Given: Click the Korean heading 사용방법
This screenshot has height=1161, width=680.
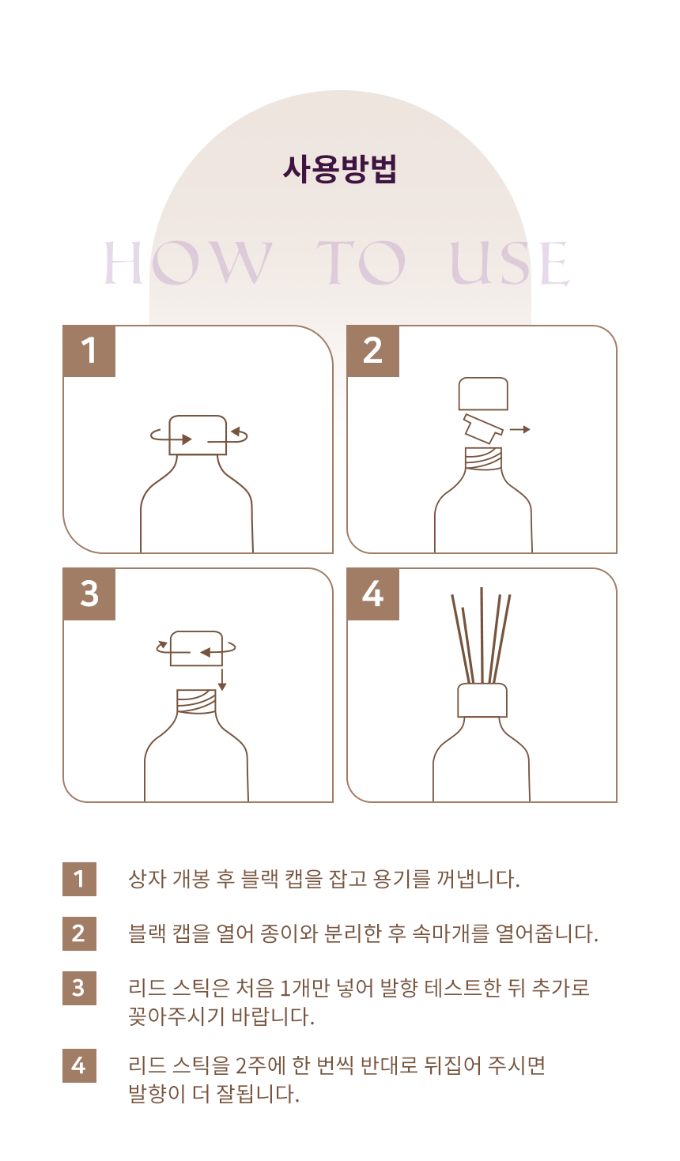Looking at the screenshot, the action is click(340, 169).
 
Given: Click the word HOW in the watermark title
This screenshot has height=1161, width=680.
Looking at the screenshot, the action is click(187, 262).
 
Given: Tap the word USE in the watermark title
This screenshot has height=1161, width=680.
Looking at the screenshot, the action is click(510, 263).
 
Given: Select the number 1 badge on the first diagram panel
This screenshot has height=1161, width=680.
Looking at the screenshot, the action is click(89, 351).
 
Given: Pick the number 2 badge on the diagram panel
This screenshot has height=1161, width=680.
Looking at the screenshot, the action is click(372, 351).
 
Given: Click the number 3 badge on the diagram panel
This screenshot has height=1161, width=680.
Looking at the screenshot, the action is click(89, 594).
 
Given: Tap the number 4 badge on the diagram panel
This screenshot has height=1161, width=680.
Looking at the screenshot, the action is click(372, 594).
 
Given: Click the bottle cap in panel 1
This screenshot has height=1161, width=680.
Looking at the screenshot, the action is click(198, 435).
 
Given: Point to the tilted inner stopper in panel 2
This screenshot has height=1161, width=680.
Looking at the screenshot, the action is click(483, 428).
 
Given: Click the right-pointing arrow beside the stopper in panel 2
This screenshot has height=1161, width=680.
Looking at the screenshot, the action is click(519, 429).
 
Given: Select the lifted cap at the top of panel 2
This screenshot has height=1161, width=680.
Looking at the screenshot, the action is click(483, 394).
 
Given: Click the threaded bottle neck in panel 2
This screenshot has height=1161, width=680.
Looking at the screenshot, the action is click(483, 458).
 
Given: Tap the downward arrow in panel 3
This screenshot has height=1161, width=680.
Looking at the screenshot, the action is click(222, 680).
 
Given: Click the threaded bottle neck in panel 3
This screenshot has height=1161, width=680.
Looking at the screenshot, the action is click(196, 701).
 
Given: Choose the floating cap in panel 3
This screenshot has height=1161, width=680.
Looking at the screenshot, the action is click(196, 648).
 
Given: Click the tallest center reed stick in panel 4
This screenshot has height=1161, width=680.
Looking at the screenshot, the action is click(482, 635).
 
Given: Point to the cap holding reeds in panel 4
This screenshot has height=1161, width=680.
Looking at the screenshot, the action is click(482, 700).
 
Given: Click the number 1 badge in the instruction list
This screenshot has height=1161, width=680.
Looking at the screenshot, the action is click(79, 879).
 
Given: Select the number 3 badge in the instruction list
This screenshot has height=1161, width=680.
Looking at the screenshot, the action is click(79, 988).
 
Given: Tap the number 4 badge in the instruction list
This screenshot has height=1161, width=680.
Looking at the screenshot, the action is click(79, 1065).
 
